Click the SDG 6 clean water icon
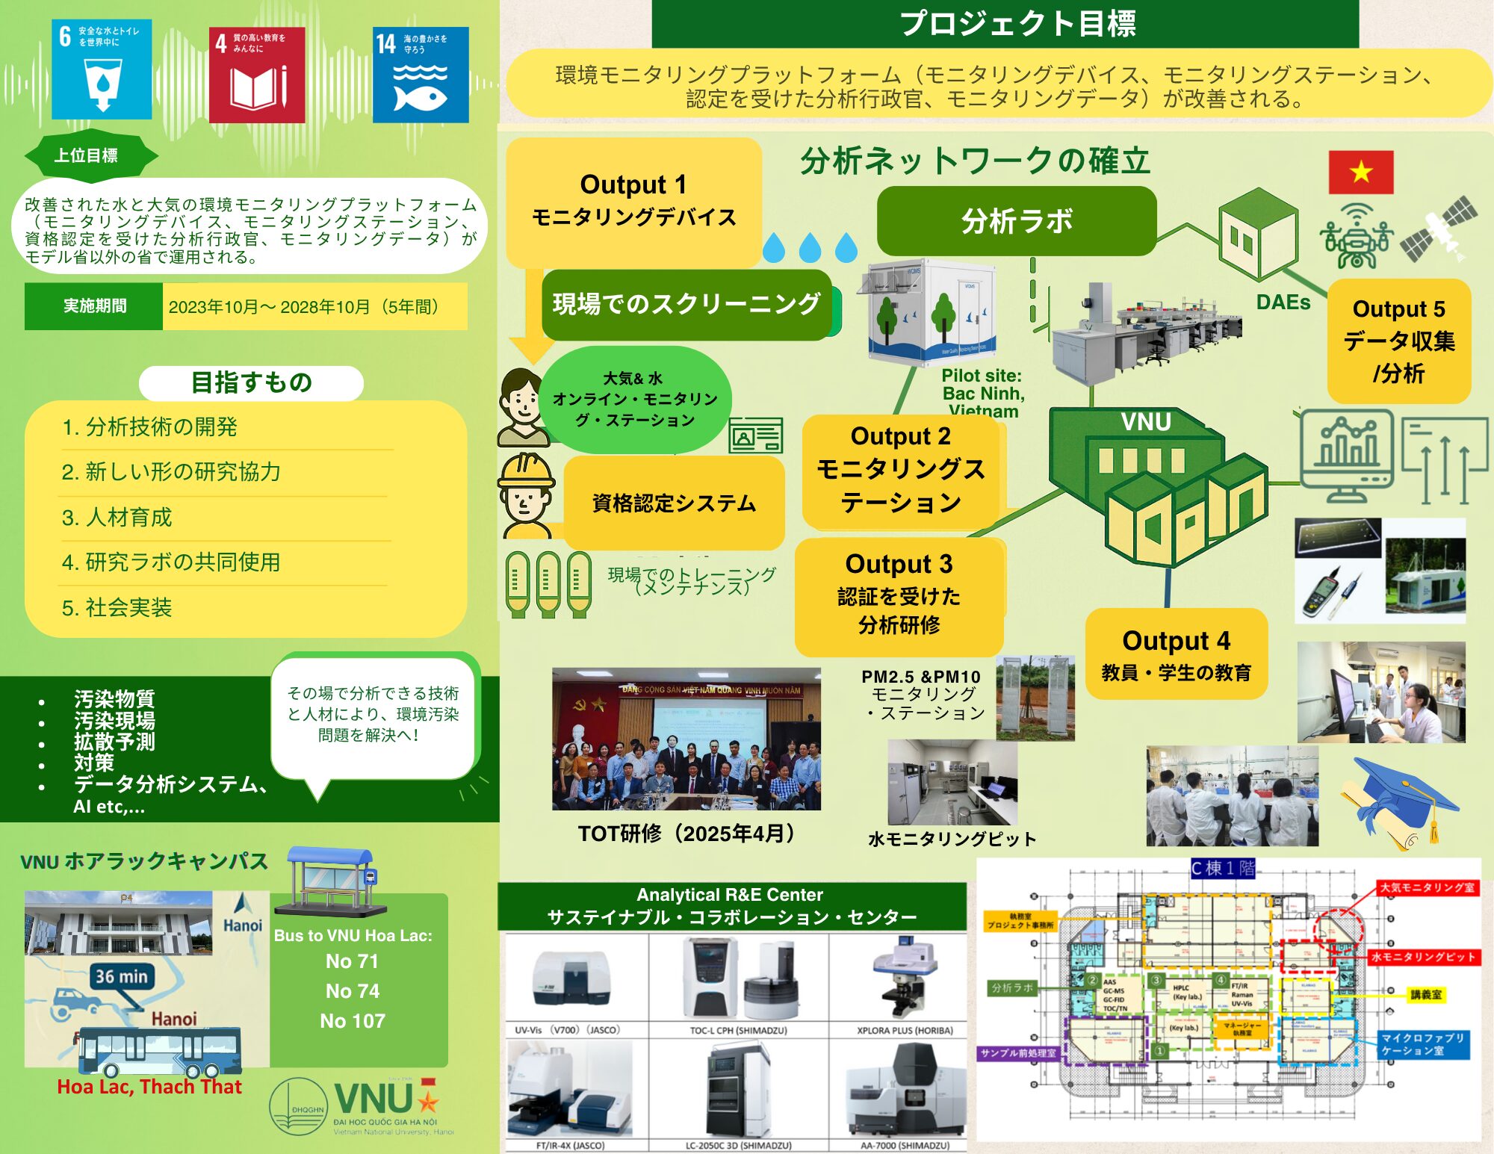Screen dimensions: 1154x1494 [102, 69]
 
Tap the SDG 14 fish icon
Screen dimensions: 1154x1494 [421, 75]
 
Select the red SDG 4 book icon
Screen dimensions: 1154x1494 [257, 75]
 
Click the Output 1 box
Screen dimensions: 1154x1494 [633, 200]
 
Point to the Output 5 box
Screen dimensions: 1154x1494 [1398, 341]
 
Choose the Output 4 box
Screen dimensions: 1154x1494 [1176, 654]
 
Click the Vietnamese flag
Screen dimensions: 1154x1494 [1360, 172]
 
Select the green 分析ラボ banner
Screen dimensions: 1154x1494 [1016, 221]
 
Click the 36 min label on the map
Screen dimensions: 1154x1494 [122, 976]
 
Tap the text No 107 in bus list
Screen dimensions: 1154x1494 [353, 1021]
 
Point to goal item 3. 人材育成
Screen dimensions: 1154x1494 [117, 518]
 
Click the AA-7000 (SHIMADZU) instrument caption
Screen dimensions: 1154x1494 [905, 1145]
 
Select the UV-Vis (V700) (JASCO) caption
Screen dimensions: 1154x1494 [568, 1030]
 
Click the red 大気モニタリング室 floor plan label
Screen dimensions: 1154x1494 [1427, 887]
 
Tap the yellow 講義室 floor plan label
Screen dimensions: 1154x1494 [1425, 994]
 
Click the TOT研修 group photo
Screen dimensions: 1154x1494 [686, 739]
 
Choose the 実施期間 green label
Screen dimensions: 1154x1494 [94, 306]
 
